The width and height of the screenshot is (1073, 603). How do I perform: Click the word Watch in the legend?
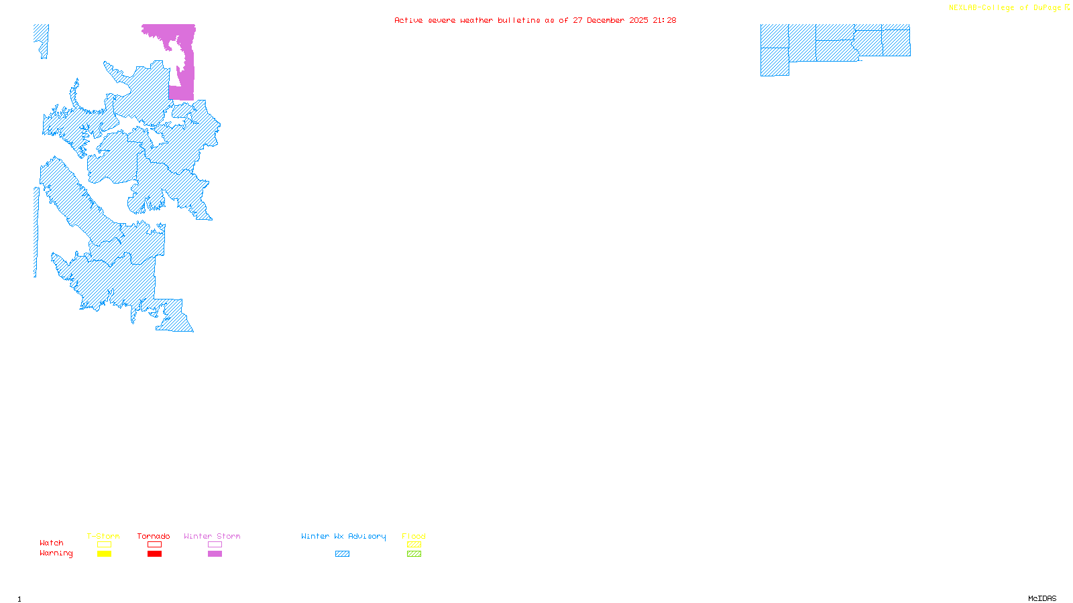tap(52, 543)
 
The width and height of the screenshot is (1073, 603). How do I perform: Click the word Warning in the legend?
tap(56, 553)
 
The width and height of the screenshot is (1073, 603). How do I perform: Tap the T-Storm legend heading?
tap(103, 536)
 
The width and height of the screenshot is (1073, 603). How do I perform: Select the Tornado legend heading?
tap(154, 536)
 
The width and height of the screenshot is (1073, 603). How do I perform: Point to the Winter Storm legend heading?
tap(212, 536)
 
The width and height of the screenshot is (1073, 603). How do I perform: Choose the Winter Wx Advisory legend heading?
tap(343, 536)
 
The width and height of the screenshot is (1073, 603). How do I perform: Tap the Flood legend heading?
tap(414, 536)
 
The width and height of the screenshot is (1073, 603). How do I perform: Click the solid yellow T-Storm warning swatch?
tap(104, 554)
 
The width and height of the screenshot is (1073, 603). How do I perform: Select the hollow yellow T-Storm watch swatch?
tap(104, 545)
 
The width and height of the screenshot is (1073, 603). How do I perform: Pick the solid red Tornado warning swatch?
tap(154, 554)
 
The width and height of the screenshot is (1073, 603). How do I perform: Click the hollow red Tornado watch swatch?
tap(154, 545)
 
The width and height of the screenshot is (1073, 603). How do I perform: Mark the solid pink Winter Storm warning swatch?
tap(215, 554)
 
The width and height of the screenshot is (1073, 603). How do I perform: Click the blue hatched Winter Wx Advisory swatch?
tap(342, 554)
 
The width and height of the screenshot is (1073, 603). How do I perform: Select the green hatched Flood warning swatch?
tap(414, 554)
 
